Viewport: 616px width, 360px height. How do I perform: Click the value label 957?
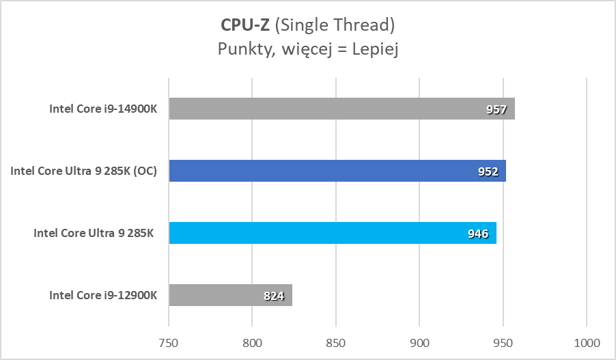[496, 109]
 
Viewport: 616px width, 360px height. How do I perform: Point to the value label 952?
[488, 171]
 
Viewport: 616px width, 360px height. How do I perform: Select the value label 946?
[478, 234]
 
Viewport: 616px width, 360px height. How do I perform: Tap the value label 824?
[273, 296]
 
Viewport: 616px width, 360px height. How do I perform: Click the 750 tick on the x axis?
[169, 342]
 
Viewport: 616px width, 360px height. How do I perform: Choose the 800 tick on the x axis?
[253, 342]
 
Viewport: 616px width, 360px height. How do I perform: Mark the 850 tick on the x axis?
[336, 342]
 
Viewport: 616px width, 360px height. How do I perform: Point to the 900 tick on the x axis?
[420, 342]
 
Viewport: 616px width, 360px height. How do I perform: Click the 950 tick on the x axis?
[503, 342]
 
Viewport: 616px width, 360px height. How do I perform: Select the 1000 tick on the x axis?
[587, 342]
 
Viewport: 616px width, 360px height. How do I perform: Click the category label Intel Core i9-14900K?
[103, 109]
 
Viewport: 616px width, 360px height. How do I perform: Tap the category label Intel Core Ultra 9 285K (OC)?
[83, 171]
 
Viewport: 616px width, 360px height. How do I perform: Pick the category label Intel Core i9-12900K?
[103, 295]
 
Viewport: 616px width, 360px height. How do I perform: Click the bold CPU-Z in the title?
[244, 25]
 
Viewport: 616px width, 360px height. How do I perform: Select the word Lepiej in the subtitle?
[374, 49]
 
